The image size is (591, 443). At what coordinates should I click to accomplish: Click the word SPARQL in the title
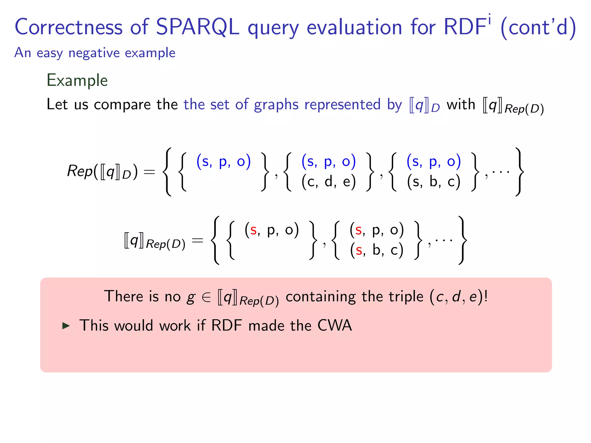(198, 27)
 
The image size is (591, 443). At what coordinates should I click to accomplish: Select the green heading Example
(77, 80)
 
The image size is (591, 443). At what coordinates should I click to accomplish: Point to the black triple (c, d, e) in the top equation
(328, 182)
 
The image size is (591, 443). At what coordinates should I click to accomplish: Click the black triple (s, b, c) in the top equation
(433, 182)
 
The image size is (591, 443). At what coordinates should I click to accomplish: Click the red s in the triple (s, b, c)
(359, 250)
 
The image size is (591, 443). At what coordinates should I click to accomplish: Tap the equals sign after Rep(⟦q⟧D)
(149, 172)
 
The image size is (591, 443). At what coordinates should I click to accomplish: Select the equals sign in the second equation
(198, 240)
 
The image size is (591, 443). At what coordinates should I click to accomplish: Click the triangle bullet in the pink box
(66, 326)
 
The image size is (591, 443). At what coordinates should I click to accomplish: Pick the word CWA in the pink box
(334, 325)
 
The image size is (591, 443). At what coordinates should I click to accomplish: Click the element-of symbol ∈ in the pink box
(206, 297)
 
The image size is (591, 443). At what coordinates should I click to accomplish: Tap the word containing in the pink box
(320, 296)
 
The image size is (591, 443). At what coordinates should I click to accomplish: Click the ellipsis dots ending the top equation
(501, 172)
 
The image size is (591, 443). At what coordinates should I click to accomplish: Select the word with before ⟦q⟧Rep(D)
(461, 104)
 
